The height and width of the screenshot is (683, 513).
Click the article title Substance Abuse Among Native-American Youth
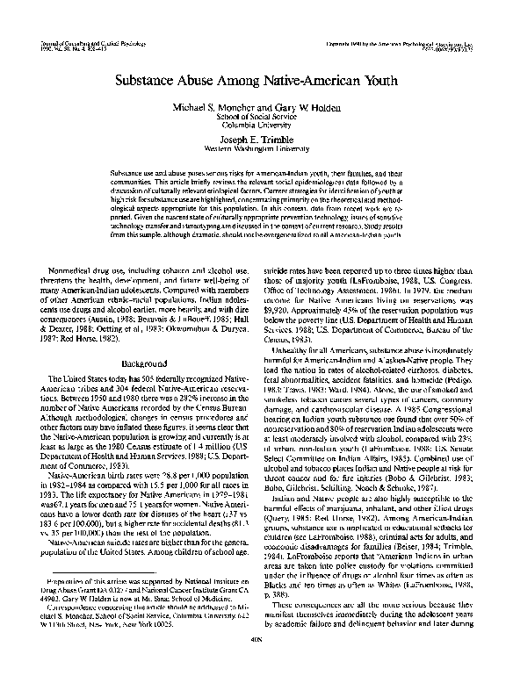[x=256, y=77]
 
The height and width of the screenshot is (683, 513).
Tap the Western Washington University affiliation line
[x=256, y=149]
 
